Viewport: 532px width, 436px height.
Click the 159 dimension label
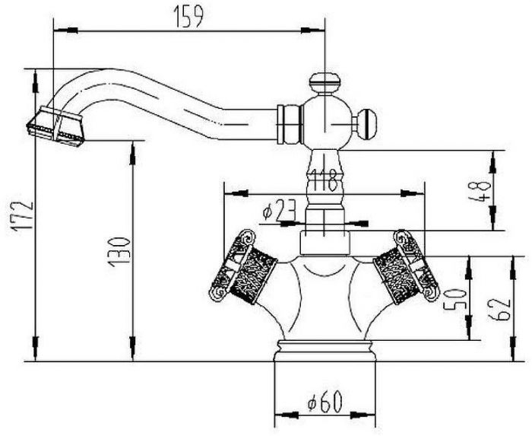(x=188, y=16)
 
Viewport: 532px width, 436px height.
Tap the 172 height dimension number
(x=23, y=216)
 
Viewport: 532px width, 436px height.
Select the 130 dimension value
(x=119, y=252)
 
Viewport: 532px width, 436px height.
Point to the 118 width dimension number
(x=324, y=180)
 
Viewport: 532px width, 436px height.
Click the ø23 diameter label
(x=279, y=210)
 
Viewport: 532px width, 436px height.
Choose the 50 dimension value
(x=454, y=299)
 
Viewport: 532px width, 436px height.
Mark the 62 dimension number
(x=499, y=310)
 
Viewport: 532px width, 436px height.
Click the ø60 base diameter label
(x=325, y=402)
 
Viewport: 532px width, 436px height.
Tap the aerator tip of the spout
(x=55, y=126)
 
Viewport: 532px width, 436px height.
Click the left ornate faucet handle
(x=242, y=267)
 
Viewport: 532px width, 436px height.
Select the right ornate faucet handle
(x=406, y=267)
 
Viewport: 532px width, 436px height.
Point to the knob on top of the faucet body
(x=325, y=82)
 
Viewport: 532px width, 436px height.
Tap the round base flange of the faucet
(x=325, y=351)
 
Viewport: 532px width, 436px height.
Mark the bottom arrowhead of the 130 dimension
(x=132, y=348)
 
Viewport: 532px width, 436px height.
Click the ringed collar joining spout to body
(x=290, y=124)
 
